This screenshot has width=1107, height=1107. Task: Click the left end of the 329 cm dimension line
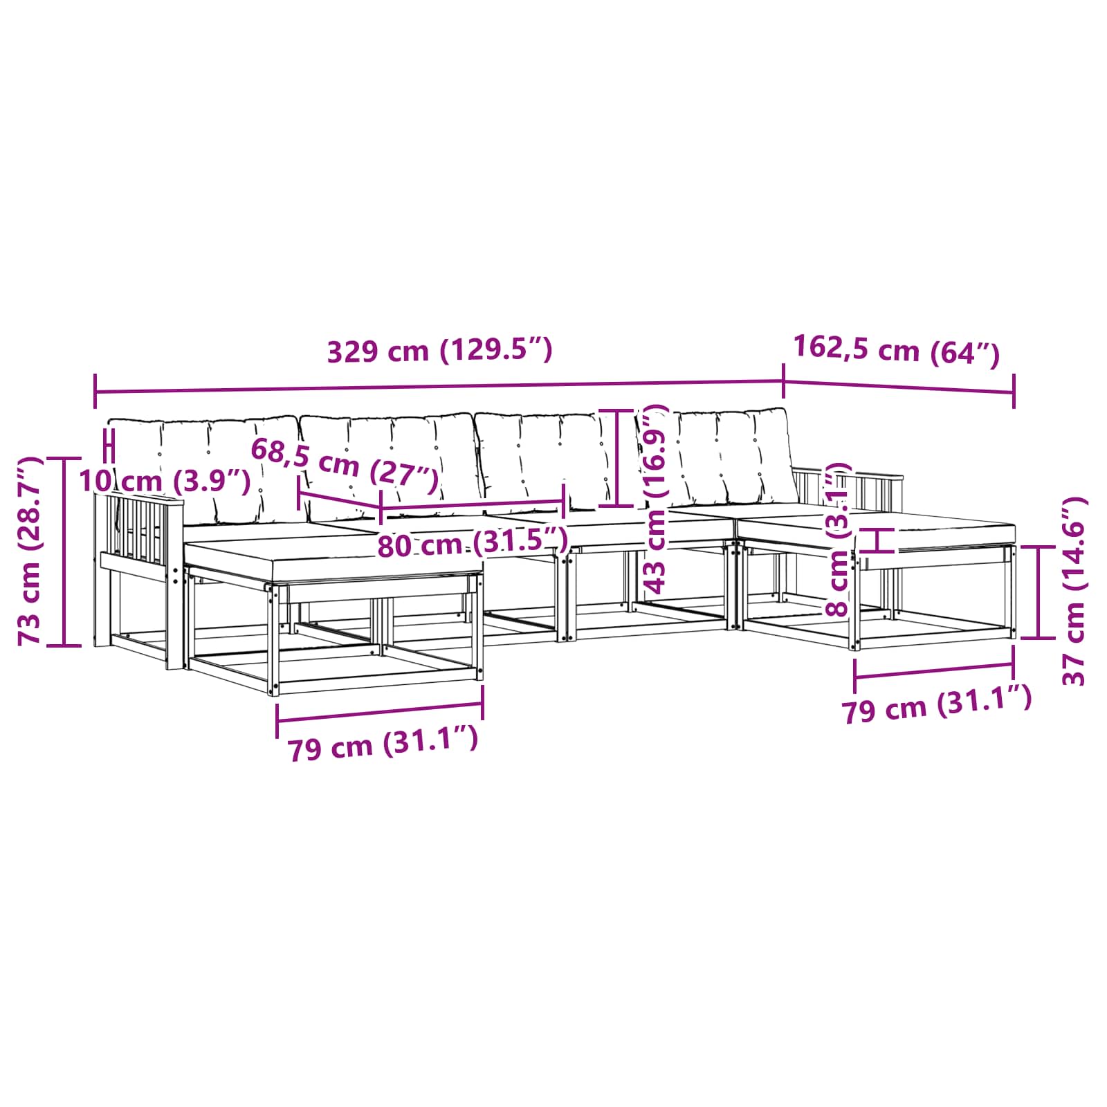95,392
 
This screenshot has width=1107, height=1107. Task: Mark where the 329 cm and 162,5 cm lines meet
783,381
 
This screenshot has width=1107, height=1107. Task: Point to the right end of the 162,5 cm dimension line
1014,392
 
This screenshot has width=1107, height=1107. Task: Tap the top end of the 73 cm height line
64,458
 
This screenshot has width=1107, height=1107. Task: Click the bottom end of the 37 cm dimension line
1039,638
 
